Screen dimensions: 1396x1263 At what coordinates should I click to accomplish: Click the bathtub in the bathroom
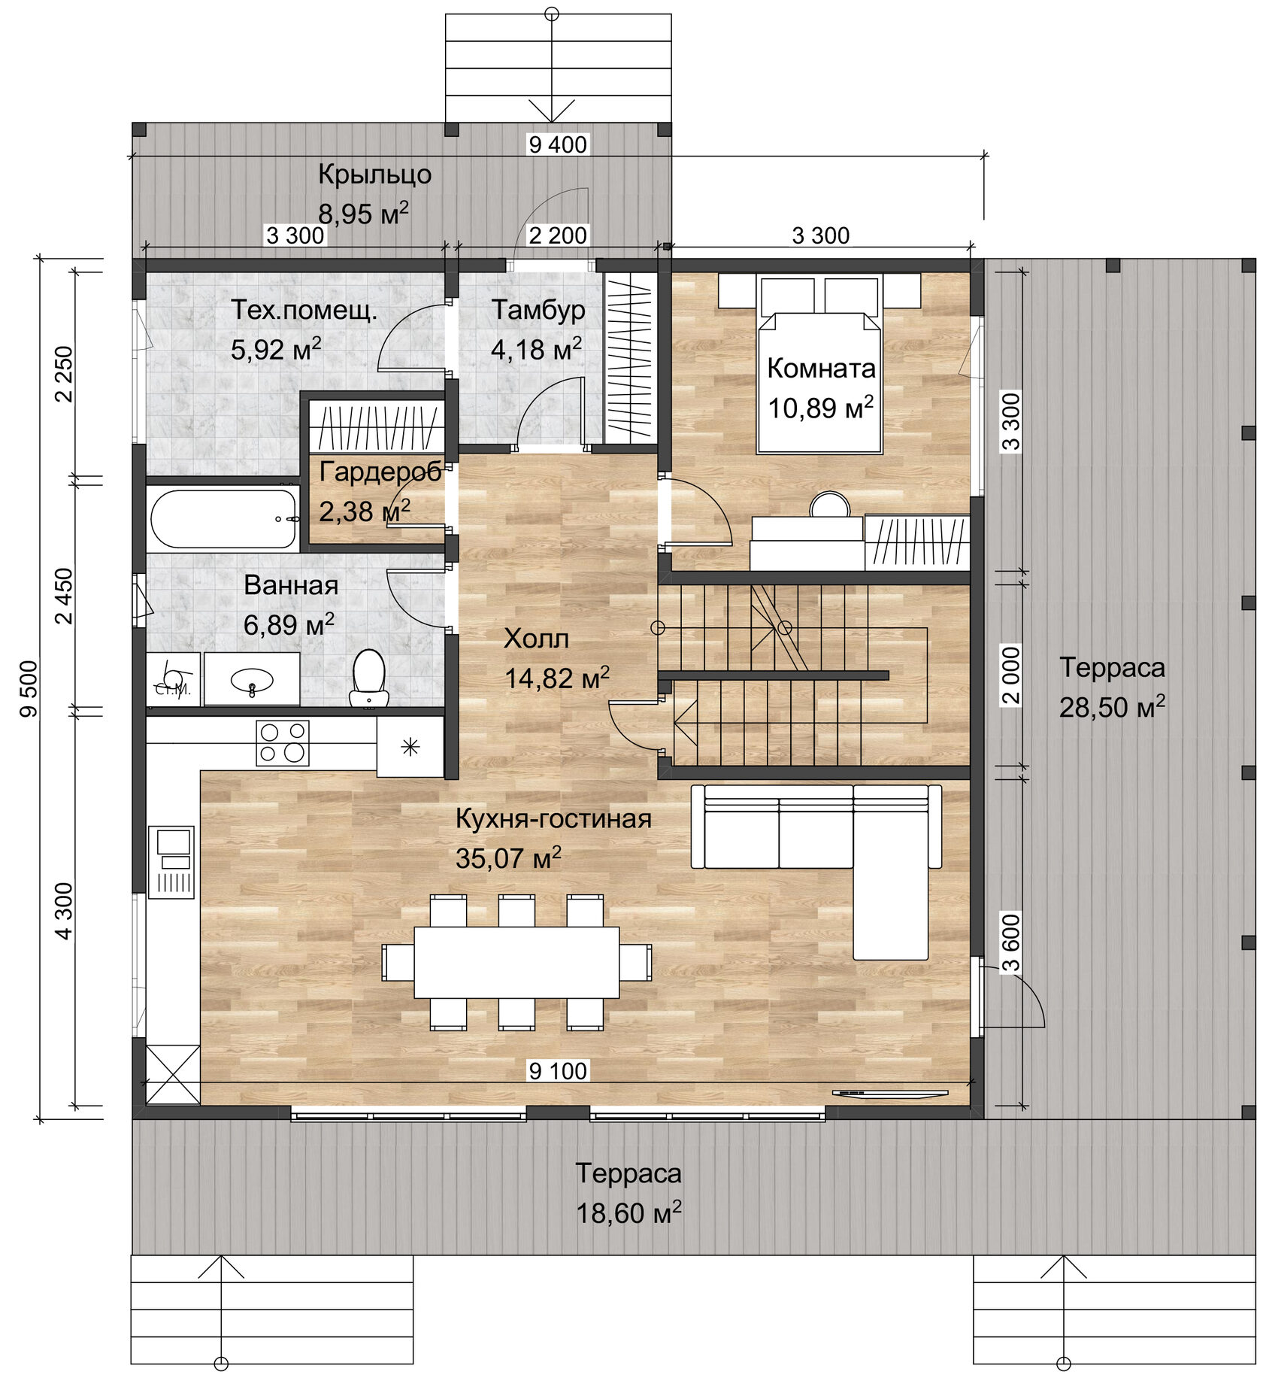click(x=223, y=519)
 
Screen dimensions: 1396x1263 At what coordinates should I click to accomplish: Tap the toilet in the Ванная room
click(x=368, y=677)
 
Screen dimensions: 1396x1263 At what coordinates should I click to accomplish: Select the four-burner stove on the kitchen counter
click(x=283, y=742)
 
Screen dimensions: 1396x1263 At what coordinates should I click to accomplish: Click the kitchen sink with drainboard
click(x=171, y=861)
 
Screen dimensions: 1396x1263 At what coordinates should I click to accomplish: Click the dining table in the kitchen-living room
click(x=516, y=961)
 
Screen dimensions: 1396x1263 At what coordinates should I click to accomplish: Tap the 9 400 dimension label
click(x=557, y=144)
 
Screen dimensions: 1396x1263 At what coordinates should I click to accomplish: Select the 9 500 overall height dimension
click(x=29, y=688)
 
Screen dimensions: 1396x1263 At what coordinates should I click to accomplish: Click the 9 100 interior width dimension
click(x=557, y=1070)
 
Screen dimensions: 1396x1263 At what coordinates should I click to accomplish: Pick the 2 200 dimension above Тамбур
click(x=557, y=235)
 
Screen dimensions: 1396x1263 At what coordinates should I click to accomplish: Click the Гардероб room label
click(x=380, y=472)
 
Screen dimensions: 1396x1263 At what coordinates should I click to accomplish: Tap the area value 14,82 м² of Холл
click(x=556, y=678)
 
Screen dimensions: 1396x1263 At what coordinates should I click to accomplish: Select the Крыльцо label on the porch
click(x=374, y=174)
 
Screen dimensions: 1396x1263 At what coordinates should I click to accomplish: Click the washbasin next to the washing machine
click(x=252, y=679)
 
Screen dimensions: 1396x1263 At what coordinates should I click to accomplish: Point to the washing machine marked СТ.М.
click(x=173, y=679)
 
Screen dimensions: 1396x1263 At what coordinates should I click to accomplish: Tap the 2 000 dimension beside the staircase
click(x=1012, y=675)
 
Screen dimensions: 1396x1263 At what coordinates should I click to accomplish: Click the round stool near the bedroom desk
click(x=829, y=505)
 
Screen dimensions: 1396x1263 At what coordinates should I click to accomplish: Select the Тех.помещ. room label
click(x=304, y=310)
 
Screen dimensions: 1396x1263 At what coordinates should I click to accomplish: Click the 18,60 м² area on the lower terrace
click(x=628, y=1213)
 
